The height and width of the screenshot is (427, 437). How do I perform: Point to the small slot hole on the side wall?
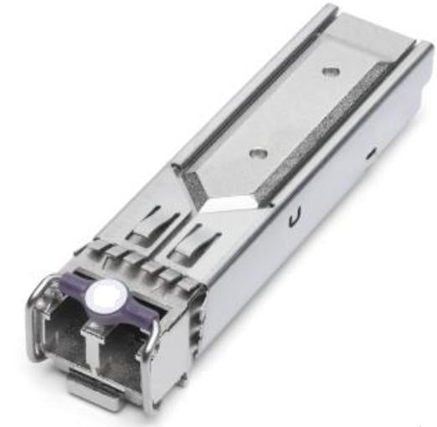[369, 154]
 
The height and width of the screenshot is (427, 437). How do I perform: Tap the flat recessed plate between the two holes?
[297, 113]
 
